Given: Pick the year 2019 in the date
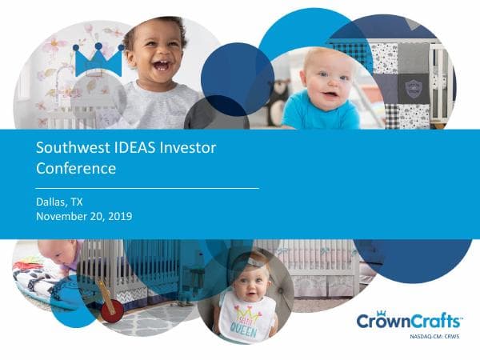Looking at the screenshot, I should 119,216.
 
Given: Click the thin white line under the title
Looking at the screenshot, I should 148,187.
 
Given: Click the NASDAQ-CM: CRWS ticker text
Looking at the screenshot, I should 433,338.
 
